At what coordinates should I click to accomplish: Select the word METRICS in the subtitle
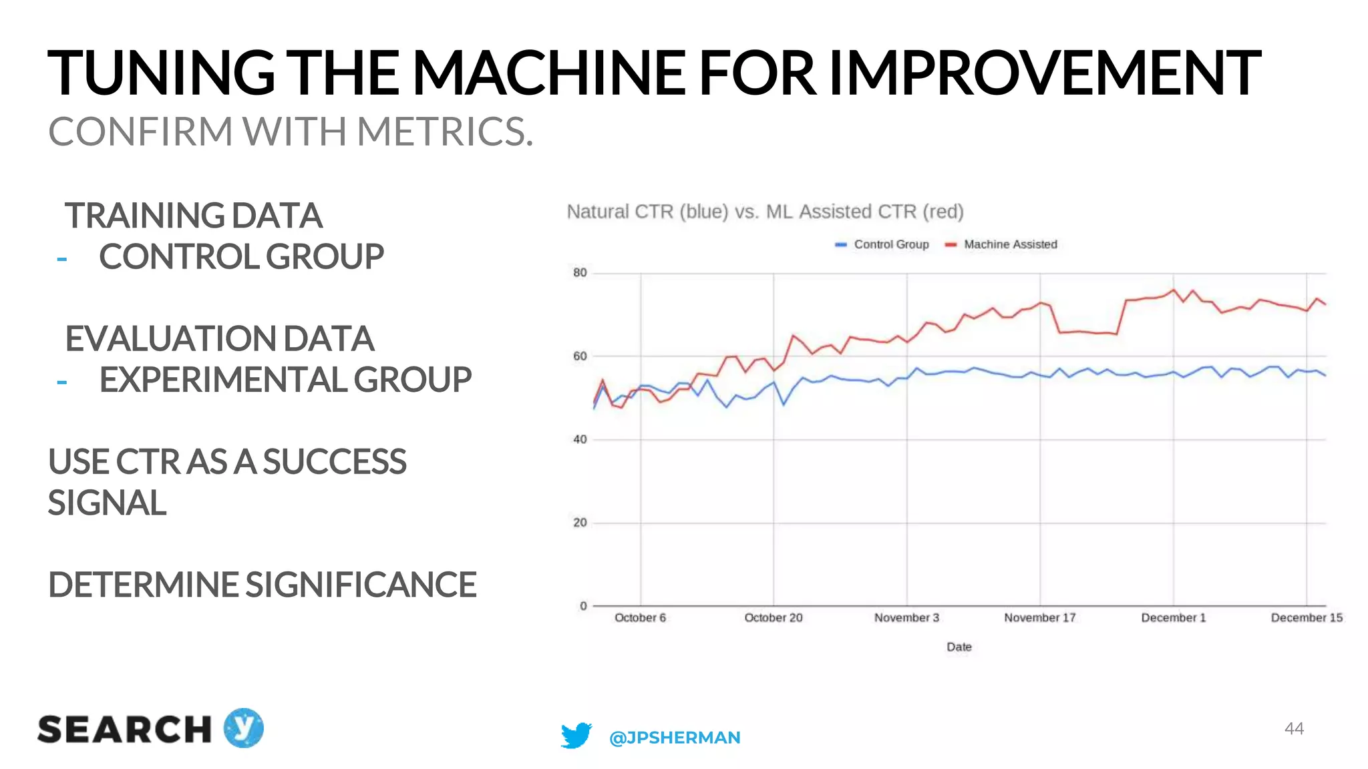tap(444, 132)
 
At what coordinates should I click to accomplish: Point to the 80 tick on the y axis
tap(580, 272)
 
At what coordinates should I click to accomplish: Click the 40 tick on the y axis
tap(580, 439)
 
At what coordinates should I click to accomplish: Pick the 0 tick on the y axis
tap(583, 605)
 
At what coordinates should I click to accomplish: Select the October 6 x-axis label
tap(640, 617)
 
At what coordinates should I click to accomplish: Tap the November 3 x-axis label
tap(906, 617)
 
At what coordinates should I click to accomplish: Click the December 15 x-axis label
tap(1306, 617)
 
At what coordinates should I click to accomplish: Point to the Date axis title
tap(959, 646)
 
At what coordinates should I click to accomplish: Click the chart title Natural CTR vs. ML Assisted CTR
tap(765, 212)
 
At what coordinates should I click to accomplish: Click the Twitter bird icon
tap(576, 736)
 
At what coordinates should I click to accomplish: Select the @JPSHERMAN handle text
tap(675, 737)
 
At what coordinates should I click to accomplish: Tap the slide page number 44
tap(1294, 728)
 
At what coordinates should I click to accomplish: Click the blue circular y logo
tap(243, 728)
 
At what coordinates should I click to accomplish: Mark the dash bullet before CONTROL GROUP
tap(62, 259)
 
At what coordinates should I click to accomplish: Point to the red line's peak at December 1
tap(1174, 290)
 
